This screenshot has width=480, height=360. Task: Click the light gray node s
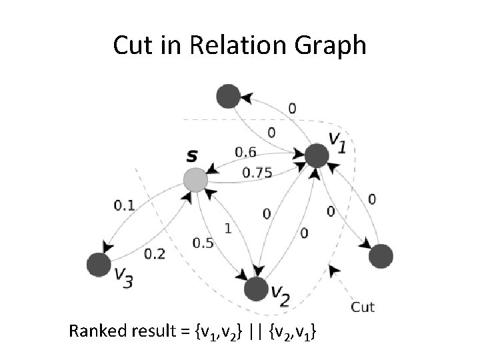pyautogui.click(x=195, y=179)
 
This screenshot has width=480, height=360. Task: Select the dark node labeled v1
pyautogui.click(x=317, y=156)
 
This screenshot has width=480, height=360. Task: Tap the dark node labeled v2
pyautogui.click(x=256, y=288)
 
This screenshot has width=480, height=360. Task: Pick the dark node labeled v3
pyautogui.click(x=99, y=264)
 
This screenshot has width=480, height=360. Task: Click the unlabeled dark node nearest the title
pyautogui.click(x=228, y=96)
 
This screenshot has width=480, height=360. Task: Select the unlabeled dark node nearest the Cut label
pyautogui.click(x=381, y=256)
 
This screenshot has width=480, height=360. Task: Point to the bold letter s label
pyautogui.click(x=192, y=157)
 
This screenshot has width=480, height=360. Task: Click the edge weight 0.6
pyautogui.click(x=245, y=153)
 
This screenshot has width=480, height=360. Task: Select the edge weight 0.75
pyautogui.click(x=257, y=173)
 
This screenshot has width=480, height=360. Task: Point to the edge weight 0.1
pyautogui.click(x=124, y=205)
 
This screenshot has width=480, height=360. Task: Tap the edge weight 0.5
pyautogui.click(x=203, y=243)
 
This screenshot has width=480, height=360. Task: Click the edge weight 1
pyautogui.click(x=228, y=228)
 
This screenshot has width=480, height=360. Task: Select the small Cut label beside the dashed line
pyautogui.click(x=362, y=307)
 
